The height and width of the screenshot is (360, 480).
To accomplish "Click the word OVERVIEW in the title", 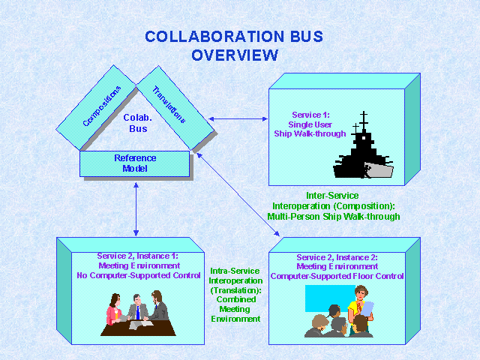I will [235, 55].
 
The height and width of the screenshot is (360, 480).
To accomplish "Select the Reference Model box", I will [135, 163].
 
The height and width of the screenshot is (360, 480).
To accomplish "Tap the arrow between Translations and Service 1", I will [238, 118].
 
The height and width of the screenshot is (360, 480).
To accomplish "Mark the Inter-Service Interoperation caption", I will [333, 205].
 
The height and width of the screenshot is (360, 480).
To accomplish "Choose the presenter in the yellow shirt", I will [358, 310].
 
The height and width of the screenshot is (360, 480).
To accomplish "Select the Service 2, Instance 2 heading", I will [337, 257].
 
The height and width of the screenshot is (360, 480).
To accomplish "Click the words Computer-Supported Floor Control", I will [337, 276].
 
